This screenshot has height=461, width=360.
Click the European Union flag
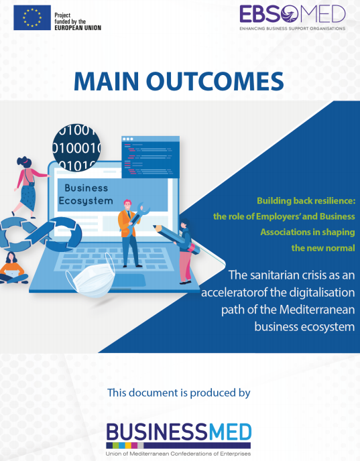[x=32, y=17]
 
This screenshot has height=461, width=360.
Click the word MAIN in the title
[x=106, y=80]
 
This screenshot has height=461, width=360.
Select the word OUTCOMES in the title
[x=215, y=80]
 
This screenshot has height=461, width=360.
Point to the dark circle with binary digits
[x=76, y=147]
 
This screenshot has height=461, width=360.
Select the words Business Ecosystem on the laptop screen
[x=86, y=194]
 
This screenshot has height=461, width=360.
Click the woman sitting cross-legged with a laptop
[x=12, y=268]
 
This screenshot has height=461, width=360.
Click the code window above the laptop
[x=151, y=157]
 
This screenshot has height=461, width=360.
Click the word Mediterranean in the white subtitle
[x=317, y=310]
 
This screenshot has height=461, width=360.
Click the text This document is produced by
[x=178, y=393]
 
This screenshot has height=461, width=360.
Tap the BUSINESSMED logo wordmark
[x=178, y=432]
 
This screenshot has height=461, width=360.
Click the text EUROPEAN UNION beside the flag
[x=78, y=28]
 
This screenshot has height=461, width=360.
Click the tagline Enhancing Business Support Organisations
[x=292, y=29]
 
